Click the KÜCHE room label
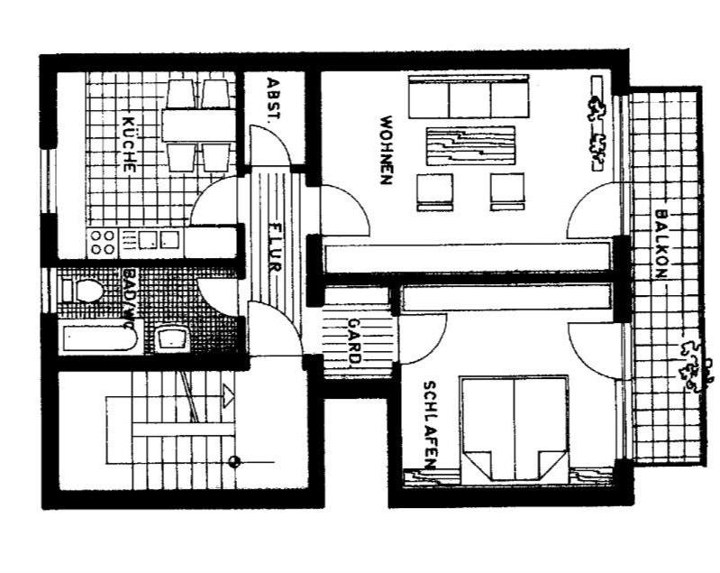pos(128,143)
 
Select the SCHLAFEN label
pos(429,425)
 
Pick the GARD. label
pos(355,342)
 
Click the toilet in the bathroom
pos(86,291)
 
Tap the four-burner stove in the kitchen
pos(102,241)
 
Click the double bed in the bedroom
pos(515,428)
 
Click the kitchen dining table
pos(198,124)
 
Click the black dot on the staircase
pos(233,462)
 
